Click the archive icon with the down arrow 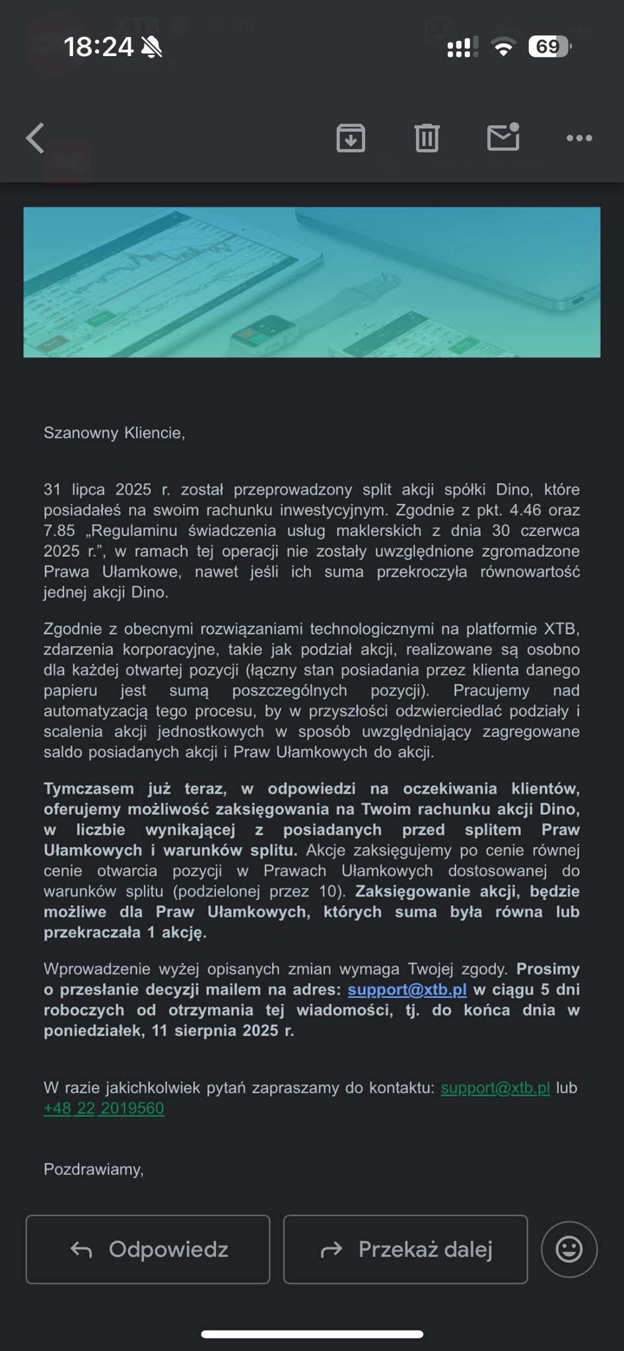(x=351, y=138)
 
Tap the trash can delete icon (x=427, y=138)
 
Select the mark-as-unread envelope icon (x=503, y=137)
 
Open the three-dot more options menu (x=579, y=138)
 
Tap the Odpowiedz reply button (x=148, y=1249)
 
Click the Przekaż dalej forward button (x=405, y=1249)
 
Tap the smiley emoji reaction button (x=569, y=1249)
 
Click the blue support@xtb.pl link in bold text (x=407, y=990)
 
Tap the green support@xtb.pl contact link (x=495, y=1088)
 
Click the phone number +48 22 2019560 (x=104, y=1108)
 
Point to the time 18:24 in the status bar (x=98, y=47)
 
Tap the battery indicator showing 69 (x=549, y=47)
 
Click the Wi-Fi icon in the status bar (x=503, y=47)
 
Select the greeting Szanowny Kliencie (x=114, y=433)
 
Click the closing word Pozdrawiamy (x=93, y=1170)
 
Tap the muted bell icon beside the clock (x=152, y=47)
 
